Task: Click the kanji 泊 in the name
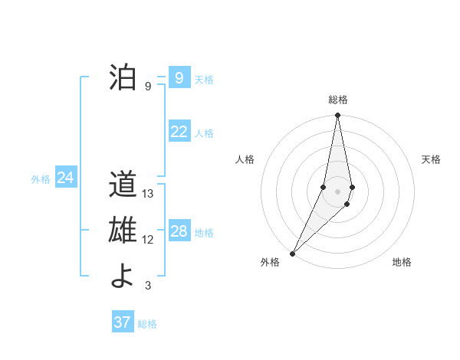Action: [x=122, y=78]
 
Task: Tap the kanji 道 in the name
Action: [x=122, y=186]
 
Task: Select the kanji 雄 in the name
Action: [x=122, y=231]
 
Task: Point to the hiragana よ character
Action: [x=122, y=277]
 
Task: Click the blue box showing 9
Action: [x=179, y=78]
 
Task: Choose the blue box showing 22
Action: [x=179, y=132]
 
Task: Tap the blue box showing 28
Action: [x=179, y=231]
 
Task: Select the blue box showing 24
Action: [x=66, y=178]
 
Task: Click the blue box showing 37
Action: [x=123, y=322]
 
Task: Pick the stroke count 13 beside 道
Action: [x=149, y=195]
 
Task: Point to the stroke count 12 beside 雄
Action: [x=149, y=240]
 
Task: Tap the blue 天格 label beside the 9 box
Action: [x=204, y=80]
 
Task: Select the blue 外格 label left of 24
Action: [x=41, y=179]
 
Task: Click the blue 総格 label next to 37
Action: [x=147, y=324]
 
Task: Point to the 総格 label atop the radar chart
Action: [x=338, y=100]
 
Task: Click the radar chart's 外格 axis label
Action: [x=270, y=262]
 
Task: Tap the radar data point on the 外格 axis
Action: [x=293, y=253]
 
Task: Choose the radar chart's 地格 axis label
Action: [x=402, y=262]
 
